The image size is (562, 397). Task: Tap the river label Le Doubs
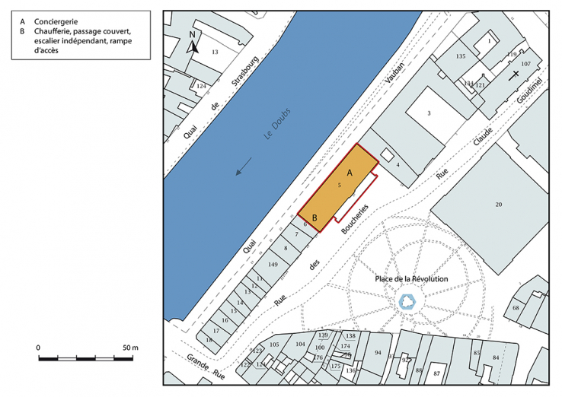277,124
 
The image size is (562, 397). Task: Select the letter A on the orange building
350,173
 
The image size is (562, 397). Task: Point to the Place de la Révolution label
411,279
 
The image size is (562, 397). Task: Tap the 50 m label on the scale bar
130,348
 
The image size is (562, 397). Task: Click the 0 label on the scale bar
38,348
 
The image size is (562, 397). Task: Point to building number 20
499,205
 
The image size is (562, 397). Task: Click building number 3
429,113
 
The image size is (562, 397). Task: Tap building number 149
273,264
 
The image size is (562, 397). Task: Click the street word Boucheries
354,219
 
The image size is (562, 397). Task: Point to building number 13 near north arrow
215,52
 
